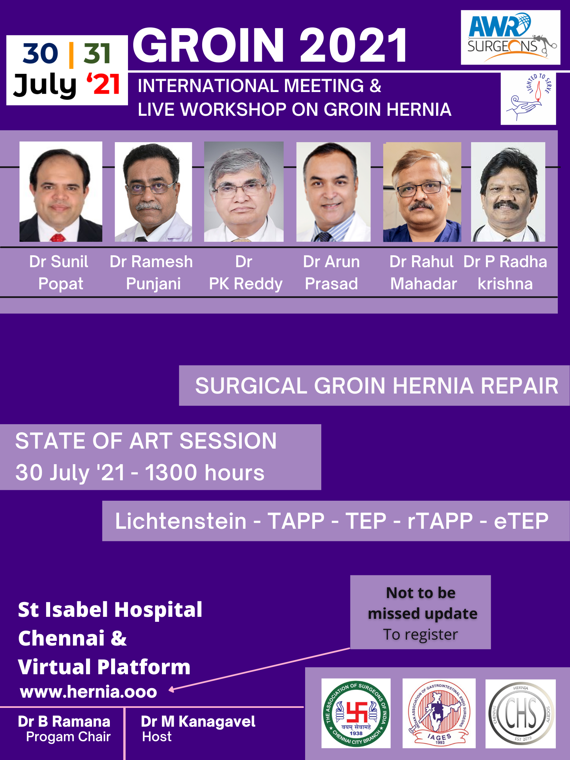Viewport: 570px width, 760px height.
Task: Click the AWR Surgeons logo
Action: click(x=511, y=38)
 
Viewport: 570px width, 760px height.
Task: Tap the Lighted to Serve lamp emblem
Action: click(x=528, y=98)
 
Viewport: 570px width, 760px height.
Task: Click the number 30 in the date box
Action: click(x=40, y=53)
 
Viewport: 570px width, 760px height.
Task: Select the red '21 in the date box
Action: click(x=103, y=84)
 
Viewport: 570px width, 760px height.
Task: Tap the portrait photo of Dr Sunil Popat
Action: click(x=61, y=192)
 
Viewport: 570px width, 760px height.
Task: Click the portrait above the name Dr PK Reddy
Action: click(x=244, y=192)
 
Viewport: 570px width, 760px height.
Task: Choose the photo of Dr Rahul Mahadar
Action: click(x=422, y=192)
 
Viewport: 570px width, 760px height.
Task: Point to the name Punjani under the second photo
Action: click(x=153, y=284)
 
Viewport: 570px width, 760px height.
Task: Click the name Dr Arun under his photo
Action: click(x=332, y=262)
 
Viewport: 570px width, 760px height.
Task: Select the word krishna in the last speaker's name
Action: click(x=505, y=284)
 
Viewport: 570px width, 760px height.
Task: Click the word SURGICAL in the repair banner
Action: click(x=251, y=386)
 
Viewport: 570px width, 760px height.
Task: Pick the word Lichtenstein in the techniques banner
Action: click(x=181, y=521)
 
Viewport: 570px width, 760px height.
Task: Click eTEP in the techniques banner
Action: click(x=521, y=521)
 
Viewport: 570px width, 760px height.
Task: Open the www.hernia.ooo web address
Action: click(x=89, y=692)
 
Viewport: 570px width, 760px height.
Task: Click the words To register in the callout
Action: click(x=421, y=634)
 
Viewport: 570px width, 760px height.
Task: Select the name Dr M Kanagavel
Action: click(x=198, y=721)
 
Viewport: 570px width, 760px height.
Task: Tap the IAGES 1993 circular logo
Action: click(x=439, y=713)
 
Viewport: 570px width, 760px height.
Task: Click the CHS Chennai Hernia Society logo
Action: click(x=521, y=713)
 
